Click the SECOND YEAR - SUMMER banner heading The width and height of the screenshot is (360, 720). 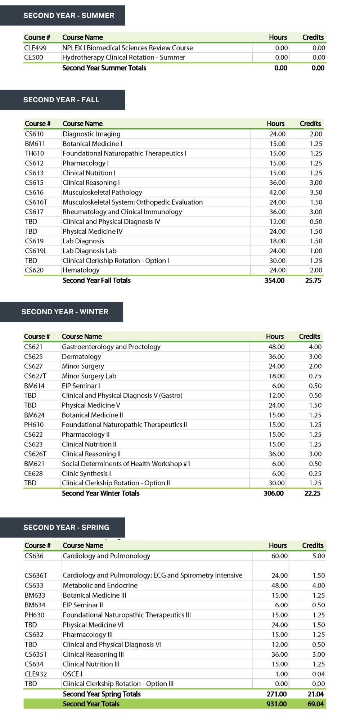point(68,15)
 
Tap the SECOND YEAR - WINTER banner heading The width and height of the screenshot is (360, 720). point(65,312)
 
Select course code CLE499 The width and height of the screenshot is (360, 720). point(35,48)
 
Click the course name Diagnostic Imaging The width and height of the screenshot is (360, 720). point(91,134)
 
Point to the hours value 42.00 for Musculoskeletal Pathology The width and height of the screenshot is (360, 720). point(277,193)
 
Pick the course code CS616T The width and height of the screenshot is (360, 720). point(36,202)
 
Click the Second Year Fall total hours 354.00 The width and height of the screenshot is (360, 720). point(274,280)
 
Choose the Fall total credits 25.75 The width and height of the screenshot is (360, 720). point(313,280)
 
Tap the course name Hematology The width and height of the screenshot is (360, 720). point(81,270)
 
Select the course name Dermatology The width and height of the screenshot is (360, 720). point(81,357)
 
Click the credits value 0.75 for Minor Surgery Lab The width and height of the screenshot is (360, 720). point(315,376)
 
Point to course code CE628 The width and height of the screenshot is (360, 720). point(33,474)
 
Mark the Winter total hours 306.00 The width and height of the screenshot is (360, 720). point(274,493)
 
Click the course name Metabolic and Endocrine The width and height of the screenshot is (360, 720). point(100,586)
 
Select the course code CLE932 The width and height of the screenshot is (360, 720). point(36,674)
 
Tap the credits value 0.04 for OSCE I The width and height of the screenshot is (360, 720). point(318,674)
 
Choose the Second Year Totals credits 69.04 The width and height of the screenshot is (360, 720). point(315,704)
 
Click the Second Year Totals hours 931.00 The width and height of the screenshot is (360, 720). point(276,704)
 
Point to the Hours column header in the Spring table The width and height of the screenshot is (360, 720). point(278,545)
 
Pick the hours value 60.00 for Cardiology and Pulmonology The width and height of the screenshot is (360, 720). point(279,556)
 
